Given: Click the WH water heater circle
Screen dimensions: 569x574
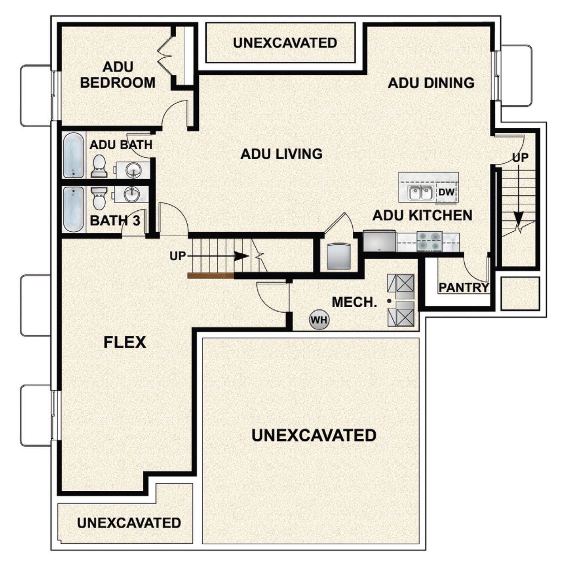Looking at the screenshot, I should (x=319, y=319).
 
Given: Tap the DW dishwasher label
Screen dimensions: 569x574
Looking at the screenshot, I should (x=447, y=193).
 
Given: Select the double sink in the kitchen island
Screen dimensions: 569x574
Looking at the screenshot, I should (x=420, y=193).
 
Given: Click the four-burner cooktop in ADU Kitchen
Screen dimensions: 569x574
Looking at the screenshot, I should (x=430, y=241).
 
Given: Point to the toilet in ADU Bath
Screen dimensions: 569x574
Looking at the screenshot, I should (x=99, y=166).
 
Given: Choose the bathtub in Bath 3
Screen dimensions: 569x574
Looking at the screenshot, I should (x=74, y=209).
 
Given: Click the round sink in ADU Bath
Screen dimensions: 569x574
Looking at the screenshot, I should (x=133, y=170).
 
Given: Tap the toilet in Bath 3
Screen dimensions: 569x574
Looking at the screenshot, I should (x=99, y=198).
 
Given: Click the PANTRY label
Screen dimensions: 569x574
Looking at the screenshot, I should (x=464, y=287).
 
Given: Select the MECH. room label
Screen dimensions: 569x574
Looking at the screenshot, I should (x=354, y=302).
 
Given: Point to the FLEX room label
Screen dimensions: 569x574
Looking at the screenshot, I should (x=125, y=342).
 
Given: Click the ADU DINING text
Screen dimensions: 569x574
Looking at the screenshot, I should (x=431, y=83).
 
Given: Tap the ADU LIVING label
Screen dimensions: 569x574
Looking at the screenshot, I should (x=281, y=154).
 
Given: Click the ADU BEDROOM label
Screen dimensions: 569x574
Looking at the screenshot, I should (x=118, y=75).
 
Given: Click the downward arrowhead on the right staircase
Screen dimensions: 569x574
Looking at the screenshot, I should (x=518, y=218).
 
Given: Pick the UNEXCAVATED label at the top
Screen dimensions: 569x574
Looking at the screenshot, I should (x=285, y=43).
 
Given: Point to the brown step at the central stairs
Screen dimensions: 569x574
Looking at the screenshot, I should (x=211, y=276).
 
